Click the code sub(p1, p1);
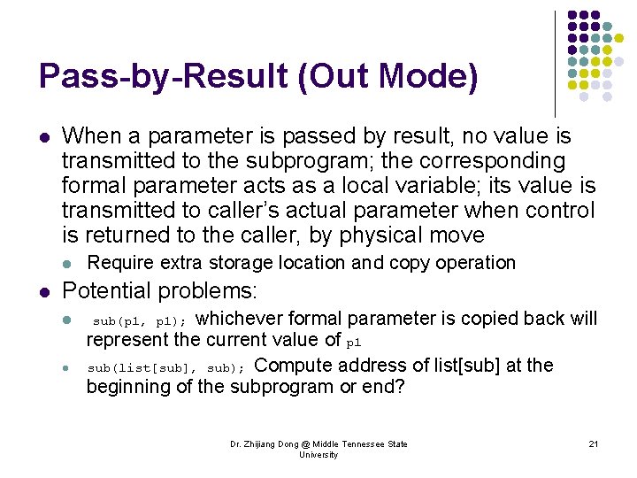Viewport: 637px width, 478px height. pos(140,320)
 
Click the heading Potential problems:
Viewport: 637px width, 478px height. pos(159,290)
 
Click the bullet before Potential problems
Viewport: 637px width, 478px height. pos(43,291)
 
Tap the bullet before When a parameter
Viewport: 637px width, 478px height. pos(43,137)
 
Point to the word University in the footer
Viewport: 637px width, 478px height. pos(318,455)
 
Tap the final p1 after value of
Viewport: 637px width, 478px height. pos(354,342)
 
